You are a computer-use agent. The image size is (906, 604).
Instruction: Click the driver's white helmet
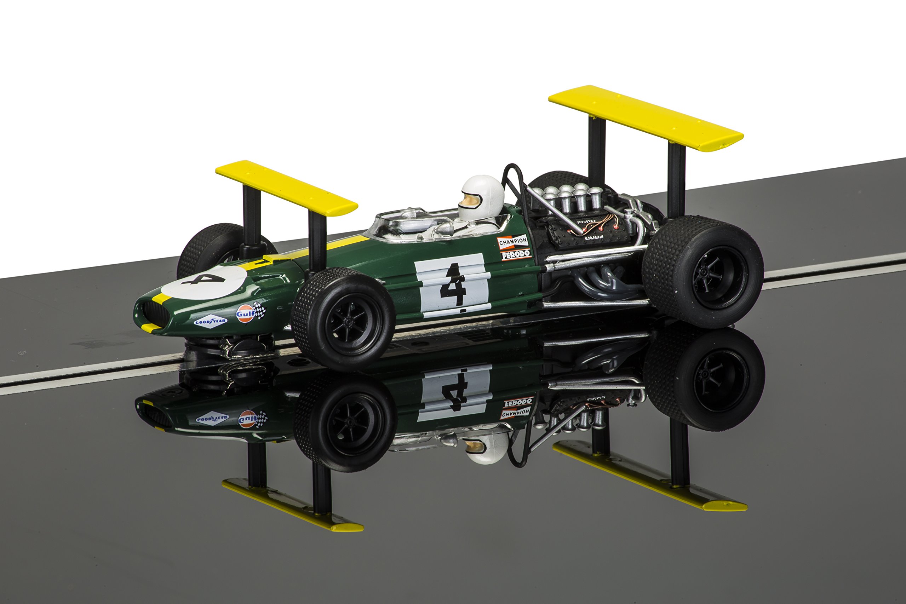click(x=483, y=195)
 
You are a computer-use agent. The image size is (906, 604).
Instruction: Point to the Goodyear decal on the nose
click(x=210, y=321)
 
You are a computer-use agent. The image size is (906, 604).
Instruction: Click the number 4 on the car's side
click(x=453, y=285)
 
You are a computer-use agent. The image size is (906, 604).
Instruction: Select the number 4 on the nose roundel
click(x=203, y=279)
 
